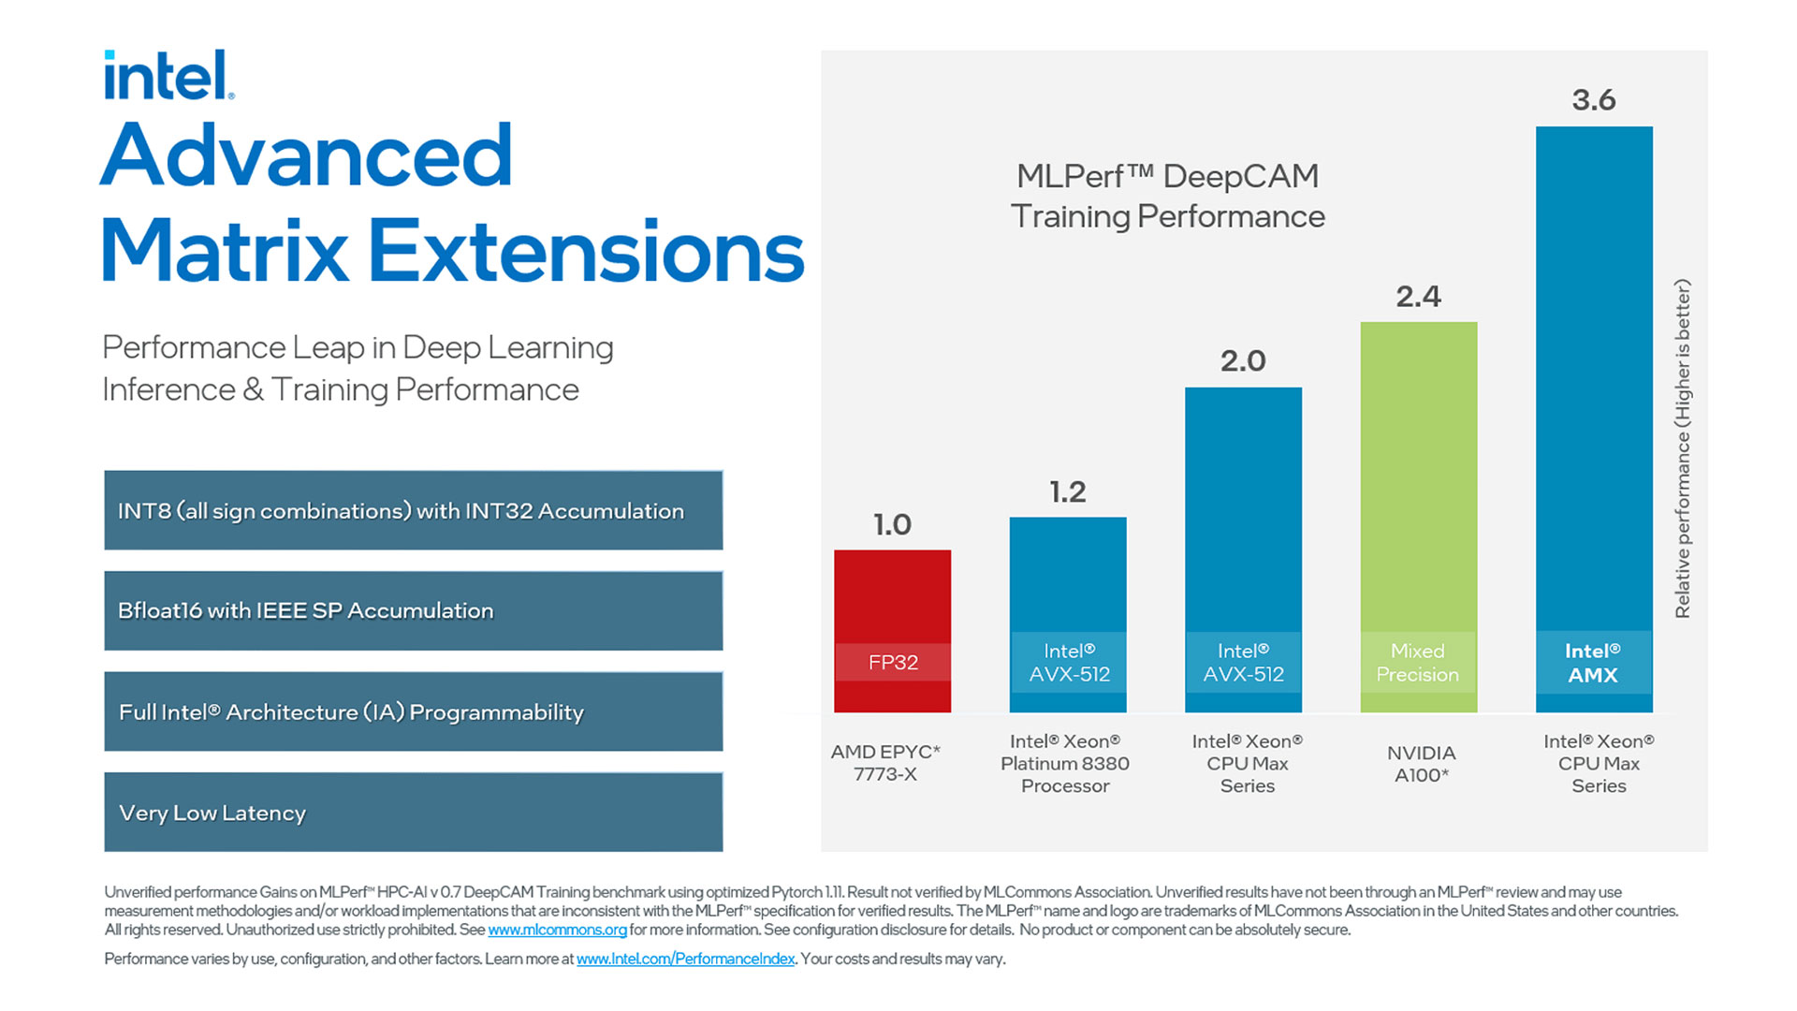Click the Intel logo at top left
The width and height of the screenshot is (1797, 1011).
[168, 75]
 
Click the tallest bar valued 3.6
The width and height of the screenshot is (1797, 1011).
[1594, 374]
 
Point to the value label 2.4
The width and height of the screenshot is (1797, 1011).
[1418, 297]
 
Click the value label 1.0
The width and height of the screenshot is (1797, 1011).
[892, 524]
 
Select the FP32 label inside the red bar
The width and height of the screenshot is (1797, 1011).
[893, 663]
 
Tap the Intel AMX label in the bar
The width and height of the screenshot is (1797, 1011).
[1593, 663]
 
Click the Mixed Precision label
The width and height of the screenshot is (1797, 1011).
[1417, 663]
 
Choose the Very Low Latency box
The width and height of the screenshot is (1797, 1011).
[413, 812]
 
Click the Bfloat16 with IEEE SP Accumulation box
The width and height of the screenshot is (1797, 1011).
[413, 610]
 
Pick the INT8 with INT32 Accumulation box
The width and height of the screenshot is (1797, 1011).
[413, 510]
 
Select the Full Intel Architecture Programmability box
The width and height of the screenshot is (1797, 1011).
[413, 711]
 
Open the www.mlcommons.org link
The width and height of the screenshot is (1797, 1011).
[557, 930]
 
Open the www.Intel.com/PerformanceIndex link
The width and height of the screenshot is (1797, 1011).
[685, 959]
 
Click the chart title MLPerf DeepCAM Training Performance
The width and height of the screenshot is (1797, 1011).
[1168, 196]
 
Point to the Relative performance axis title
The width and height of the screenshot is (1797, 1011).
[1682, 448]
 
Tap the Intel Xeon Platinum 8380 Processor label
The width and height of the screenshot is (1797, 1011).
[1065, 763]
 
